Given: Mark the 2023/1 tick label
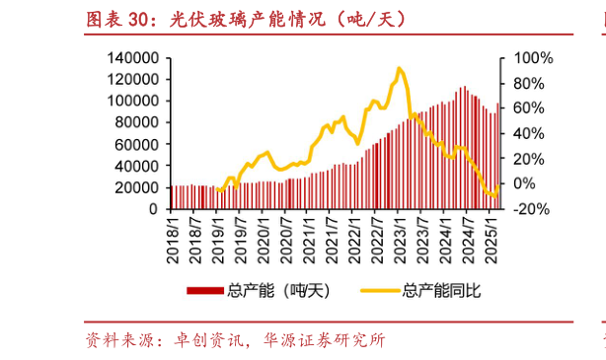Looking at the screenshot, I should tap(401, 237).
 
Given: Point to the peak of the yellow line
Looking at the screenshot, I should tap(399, 69).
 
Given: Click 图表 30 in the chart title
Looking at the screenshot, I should tap(117, 19).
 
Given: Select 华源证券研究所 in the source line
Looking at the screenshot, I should tap(325, 342).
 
